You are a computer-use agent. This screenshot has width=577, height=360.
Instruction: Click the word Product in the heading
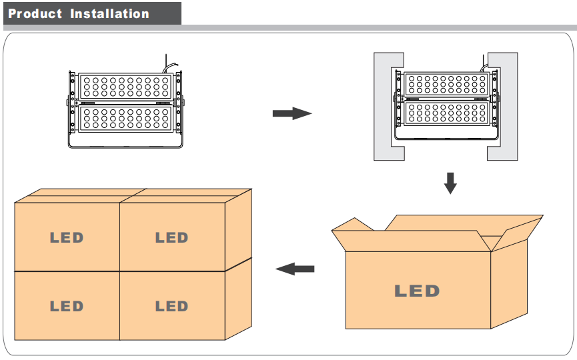click(x=35, y=13)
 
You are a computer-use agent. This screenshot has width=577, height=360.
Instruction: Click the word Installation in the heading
click(x=109, y=13)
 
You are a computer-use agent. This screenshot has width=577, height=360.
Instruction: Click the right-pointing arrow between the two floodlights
click(x=292, y=113)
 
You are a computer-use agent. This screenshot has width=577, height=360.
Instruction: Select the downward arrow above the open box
click(x=450, y=183)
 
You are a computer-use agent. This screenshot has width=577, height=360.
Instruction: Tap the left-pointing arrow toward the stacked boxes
click(x=295, y=269)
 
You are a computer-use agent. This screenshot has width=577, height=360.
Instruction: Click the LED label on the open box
click(x=417, y=291)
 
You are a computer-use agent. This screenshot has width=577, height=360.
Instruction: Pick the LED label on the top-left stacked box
click(x=67, y=237)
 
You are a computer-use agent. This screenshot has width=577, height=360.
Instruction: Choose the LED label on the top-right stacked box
click(x=171, y=237)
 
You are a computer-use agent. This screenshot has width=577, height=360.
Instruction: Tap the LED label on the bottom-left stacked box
click(x=67, y=306)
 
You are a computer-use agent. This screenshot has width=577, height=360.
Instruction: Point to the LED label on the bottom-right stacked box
click(x=171, y=306)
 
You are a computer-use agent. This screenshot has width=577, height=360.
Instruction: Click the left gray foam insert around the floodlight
click(x=383, y=107)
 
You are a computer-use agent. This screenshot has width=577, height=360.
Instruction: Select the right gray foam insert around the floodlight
click(x=509, y=107)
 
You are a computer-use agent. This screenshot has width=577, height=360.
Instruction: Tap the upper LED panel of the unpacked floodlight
click(x=125, y=87)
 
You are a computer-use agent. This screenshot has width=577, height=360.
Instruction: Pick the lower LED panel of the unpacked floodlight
click(x=125, y=119)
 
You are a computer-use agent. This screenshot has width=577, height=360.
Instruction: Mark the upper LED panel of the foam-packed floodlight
click(x=447, y=84)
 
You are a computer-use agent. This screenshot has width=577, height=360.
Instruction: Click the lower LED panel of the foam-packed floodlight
click(x=447, y=113)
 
